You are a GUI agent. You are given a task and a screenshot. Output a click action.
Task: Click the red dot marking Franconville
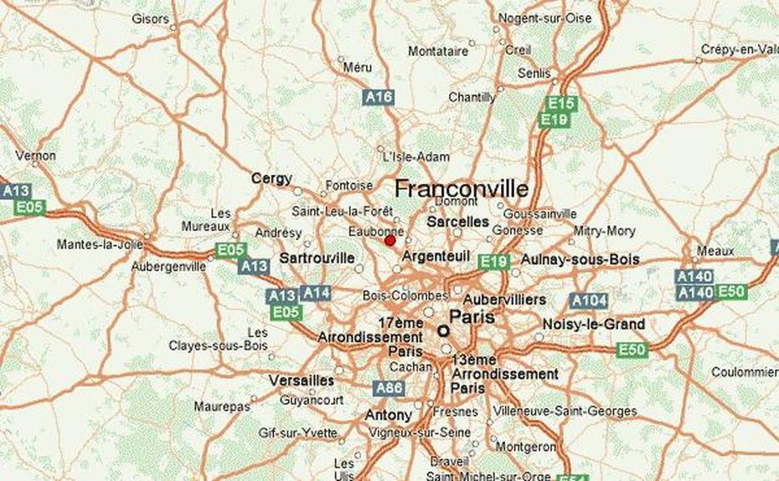click(x=389, y=240)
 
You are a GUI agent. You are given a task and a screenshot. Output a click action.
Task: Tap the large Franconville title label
click(x=461, y=188)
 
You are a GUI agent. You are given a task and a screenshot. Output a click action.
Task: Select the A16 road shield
click(x=379, y=98)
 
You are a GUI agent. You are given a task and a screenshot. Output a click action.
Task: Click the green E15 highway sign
click(x=560, y=104)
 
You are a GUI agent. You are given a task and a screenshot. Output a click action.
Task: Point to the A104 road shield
click(x=589, y=300)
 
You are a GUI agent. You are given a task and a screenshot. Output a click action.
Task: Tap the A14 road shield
click(x=316, y=293)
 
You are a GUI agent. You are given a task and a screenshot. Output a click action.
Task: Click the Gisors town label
click(x=150, y=18)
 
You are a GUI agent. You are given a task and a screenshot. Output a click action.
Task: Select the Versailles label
click(x=302, y=381)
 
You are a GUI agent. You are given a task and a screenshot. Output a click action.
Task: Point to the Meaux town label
click(x=715, y=250)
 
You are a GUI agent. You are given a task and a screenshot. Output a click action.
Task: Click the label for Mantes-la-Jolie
click(x=90, y=245)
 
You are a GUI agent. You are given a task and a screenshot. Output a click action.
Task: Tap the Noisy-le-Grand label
click(x=594, y=324)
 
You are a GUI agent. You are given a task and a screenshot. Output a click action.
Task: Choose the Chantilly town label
click(x=472, y=97)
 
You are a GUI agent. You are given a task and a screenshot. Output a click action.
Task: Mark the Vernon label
click(x=36, y=156)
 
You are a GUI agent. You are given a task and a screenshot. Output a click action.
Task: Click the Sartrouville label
click(x=317, y=258)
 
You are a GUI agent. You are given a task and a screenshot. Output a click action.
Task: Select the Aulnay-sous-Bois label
click(x=580, y=259)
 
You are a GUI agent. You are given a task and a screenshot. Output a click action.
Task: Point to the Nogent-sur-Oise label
click(x=544, y=18)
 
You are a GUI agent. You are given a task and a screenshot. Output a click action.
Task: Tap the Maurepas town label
click(x=222, y=407)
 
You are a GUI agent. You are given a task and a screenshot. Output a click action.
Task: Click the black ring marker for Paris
click(x=443, y=331)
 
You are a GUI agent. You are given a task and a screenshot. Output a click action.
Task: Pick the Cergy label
click(x=272, y=178)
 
